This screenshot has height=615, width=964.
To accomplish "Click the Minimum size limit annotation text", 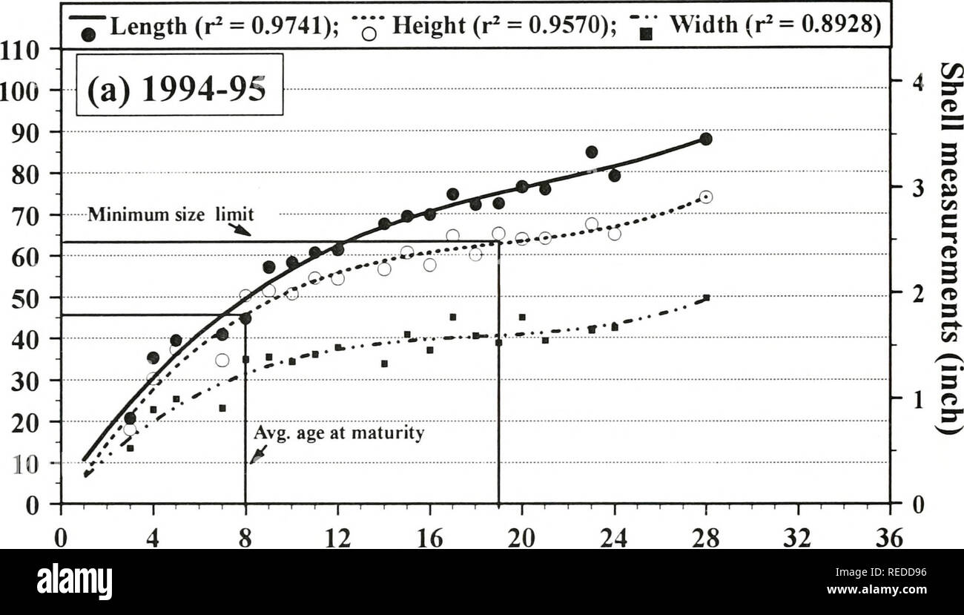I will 171,215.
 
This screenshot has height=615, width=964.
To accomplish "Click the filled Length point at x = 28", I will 705,139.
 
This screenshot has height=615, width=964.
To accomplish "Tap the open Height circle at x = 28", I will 705,197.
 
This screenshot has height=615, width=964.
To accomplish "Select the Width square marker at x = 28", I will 706,297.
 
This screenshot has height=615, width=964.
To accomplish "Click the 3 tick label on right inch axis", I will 917,189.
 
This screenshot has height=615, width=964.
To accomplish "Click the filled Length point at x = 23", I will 591,152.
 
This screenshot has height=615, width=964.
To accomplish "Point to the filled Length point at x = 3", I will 130,418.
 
